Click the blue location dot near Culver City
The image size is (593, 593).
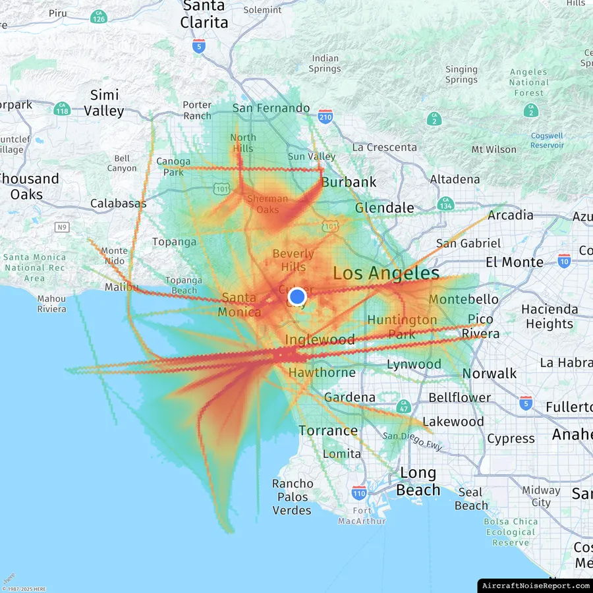point(297,297)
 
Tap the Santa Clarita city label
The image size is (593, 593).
point(204,14)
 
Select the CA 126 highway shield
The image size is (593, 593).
point(99,18)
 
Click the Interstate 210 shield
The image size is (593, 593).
point(325,116)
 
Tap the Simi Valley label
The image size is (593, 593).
point(104,103)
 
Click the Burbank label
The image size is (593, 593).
point(349,182)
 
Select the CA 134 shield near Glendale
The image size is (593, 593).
point(445,204)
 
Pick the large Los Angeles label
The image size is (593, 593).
point(386,273)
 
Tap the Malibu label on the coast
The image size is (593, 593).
point(122,287)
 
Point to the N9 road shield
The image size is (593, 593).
point(62,227)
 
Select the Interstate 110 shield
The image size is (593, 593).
point(358,492)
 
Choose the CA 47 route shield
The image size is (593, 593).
point(403,405)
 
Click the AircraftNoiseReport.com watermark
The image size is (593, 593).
point(535,585)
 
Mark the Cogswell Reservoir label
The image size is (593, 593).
point(547,140)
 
